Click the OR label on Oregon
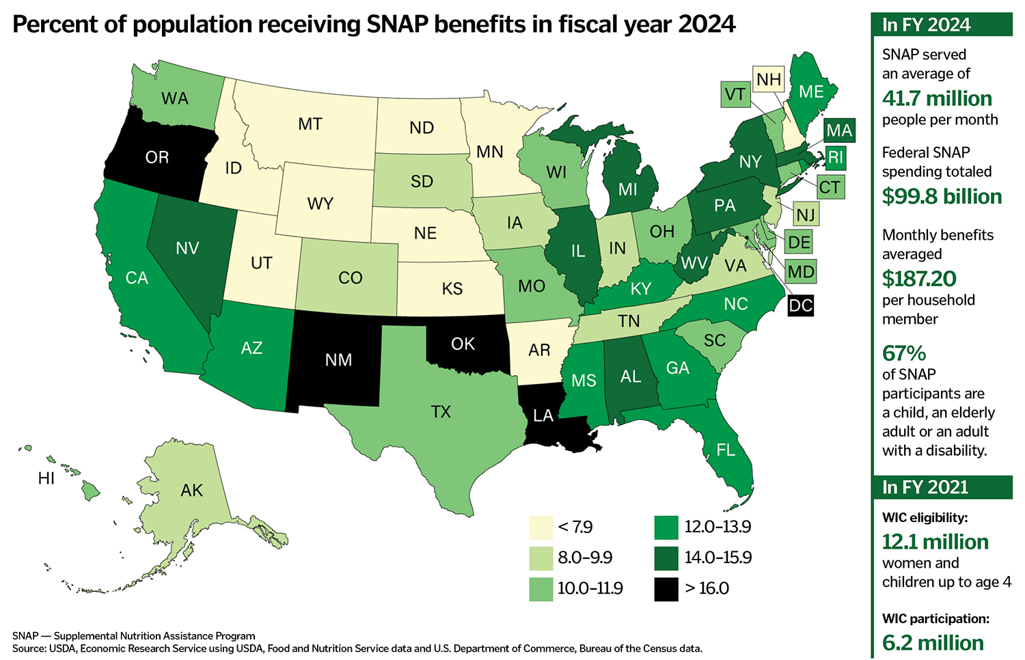tap(157, 157)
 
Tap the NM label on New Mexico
tap(338, 360)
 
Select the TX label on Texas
tap(441, 411)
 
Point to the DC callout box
tap(800, 305)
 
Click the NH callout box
tap(769, 80)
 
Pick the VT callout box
tap(735, 94)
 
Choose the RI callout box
tap(835, 158)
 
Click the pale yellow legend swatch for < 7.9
tap(541, 527)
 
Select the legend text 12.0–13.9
tap(717, 527)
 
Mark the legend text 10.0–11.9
tap(590, 588)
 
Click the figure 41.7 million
tap(937, 98)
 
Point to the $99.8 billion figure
tap(942, 197)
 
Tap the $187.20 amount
tap(919, 279)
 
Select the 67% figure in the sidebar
tap(904, 353)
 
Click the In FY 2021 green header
tap(942, 487)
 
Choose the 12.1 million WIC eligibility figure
tap(935, 542)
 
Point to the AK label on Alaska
tap(192, 490)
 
